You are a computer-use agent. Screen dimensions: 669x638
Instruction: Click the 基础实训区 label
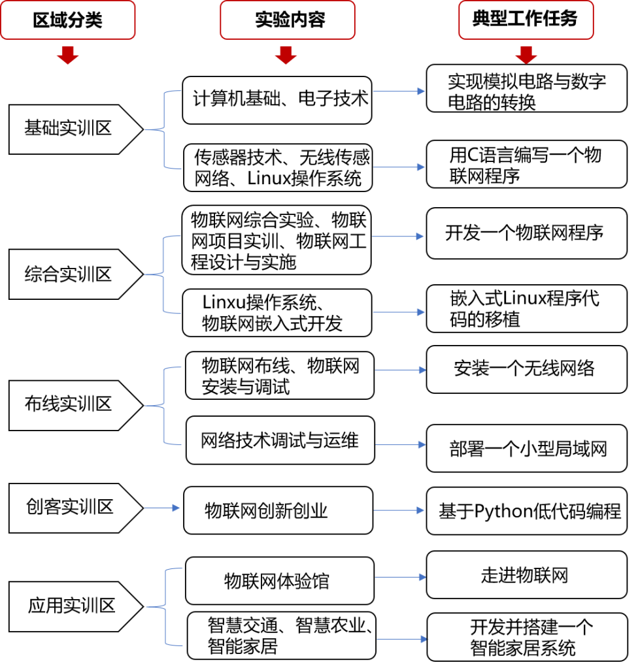[x=68, y=128]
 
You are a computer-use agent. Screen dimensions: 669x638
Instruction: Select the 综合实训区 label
[x=68, y=274]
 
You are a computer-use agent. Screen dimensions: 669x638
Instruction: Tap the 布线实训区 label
[x=68, y=404]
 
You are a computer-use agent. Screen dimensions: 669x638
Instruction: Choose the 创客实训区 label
[x=69, y=507]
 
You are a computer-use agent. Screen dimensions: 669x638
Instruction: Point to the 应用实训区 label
[x=71, y=606]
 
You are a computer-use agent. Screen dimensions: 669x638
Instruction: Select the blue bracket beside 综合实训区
[x=163, y=274]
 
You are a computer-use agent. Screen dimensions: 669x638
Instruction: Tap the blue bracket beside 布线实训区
[x=163, y=406]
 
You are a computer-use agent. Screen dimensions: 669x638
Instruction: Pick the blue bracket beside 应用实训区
[x=165, y=607]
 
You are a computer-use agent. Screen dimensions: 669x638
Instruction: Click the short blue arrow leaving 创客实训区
[x=161, y=508]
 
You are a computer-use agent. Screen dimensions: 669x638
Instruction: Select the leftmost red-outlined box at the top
[x=68, y=20]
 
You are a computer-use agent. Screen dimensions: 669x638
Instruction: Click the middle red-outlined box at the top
[x=287, y=20]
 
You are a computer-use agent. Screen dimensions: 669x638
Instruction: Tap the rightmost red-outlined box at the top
[x=526, y=20]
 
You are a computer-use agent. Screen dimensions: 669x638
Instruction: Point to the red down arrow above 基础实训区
[x=68, y=56]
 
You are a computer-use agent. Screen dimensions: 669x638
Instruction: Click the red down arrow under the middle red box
[x=286, y=56]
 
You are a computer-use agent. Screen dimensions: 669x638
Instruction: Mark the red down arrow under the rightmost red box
[x=526, y=56]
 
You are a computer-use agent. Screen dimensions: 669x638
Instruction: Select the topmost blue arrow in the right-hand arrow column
[x=399, y=91]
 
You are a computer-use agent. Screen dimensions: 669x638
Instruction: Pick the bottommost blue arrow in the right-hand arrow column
[x=402, y=639]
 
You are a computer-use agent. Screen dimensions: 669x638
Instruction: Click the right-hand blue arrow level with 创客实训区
[x=399, y=510]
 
